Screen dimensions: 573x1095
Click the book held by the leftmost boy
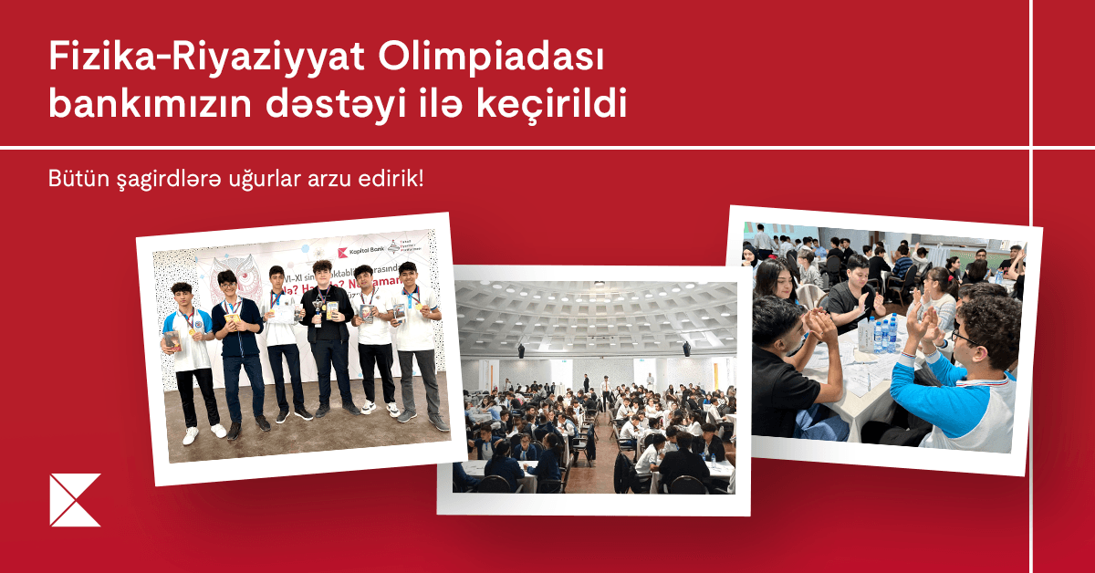tap(171, 340)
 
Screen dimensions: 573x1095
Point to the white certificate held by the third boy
tap(284, 313)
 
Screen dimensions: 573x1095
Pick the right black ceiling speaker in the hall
tap(685, 349)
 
